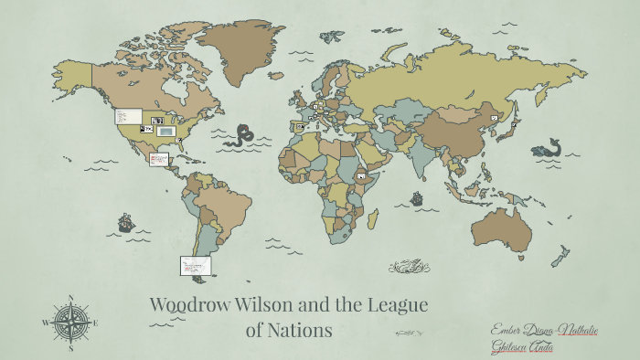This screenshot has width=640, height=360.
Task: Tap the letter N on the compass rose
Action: pos(69,299)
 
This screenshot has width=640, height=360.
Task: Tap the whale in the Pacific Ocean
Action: pos(547,147)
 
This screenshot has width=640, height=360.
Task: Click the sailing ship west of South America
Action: pos(125,222)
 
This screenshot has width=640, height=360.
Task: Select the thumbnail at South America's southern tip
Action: pos(196,265)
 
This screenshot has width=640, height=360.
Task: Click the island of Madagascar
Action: pos(372,219)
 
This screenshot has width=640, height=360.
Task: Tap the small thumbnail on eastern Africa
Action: pos(362,175)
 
